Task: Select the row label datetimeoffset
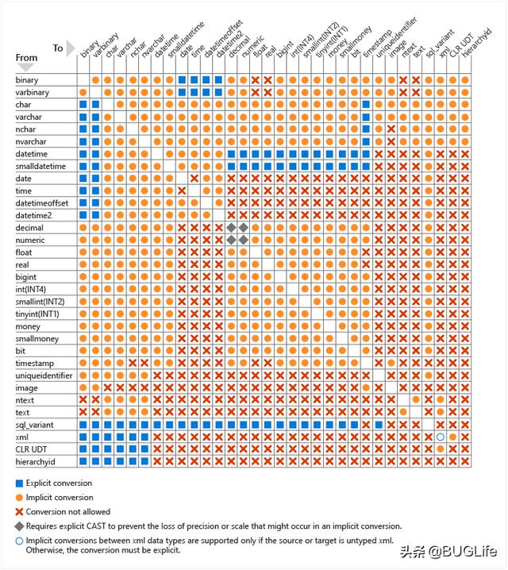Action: pos(41,203)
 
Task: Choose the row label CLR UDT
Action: pos(32,449)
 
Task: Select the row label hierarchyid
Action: pos(37,461)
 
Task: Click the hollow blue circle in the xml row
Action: pos(441,437)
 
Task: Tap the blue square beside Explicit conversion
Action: pos(19,483)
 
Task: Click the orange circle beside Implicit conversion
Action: pos(19,498)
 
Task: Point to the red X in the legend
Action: pos(19,512)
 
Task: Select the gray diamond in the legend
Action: pos(19,526)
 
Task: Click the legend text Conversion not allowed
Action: pos(67,512)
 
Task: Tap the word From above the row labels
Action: pos(26,57)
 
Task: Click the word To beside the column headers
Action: pos(58,48)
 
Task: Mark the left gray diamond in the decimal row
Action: pos(232,228)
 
